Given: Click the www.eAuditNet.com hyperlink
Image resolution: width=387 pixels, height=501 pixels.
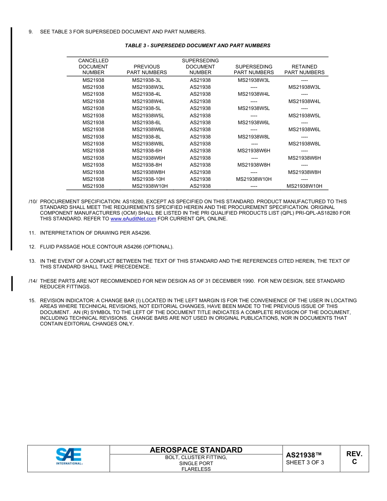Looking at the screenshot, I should coord(133,219).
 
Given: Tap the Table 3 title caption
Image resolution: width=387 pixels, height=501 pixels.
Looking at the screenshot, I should coord(198,46).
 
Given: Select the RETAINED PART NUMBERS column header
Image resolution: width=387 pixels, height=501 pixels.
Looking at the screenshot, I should coord(304,69).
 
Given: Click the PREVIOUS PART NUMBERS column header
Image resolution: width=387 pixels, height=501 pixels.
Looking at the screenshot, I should coord(147,69).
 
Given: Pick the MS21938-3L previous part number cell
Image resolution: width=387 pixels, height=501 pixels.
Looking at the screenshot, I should coord(147,80).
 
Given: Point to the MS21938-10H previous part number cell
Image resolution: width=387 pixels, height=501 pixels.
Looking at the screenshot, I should coord(148,179).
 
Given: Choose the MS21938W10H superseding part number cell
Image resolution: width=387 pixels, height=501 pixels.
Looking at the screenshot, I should coord(254,179).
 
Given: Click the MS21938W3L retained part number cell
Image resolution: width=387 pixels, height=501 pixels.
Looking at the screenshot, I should coord(304,87).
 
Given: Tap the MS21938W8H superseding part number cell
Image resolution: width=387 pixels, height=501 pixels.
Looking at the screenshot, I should coord(254,165).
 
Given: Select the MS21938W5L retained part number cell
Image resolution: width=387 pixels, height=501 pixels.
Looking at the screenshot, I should coord(304,116).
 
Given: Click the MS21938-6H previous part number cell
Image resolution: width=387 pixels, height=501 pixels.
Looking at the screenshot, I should coord(147,151).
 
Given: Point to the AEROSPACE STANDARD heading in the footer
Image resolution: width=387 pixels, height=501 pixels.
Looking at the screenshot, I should coord(196,450).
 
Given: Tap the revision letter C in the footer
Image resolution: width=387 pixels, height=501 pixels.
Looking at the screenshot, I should coord(354,462).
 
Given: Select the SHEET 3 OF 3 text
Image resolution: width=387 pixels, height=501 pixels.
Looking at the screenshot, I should coord(305,462).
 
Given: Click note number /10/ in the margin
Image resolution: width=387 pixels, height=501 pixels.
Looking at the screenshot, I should coord(33,202).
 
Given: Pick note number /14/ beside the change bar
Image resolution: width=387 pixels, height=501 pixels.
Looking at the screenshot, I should coord(33,281).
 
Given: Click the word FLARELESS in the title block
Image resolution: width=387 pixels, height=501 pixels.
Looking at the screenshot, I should coord(196,469).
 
